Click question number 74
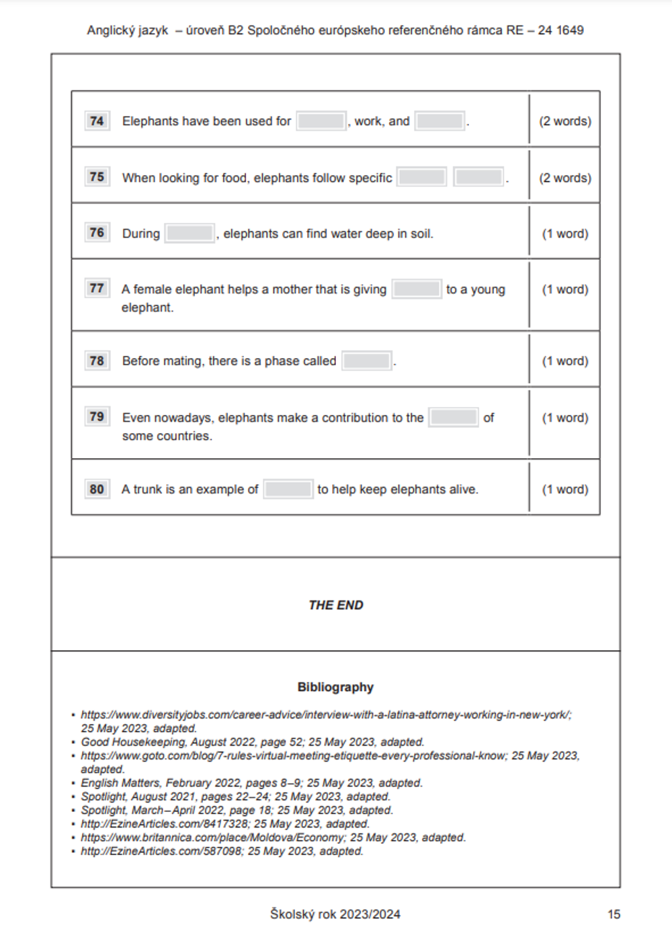pyautogui.click(x=97, y=121)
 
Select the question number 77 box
pyautogui.click(x=97, y=289)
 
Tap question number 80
pyautogui.click(x=97, y=489)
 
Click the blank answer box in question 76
pyautogui.click(x=190, y=234)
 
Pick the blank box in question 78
pyautogui.click(x=367, y=361)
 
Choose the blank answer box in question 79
pyautogui.click(x=454, y=417)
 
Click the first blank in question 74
pyautogui.click(x=321, y=121)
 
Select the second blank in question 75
pyautogui.click(x=478, y=177)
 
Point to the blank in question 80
pyautogui.click(x=288, y=489)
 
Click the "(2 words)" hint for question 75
pyautogui.click(x=565, y=178)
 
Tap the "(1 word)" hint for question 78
pyautogui.click(x=565, y=361)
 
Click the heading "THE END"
pyautogui.click(x=335, y=605)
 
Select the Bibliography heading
pyautogui.click(x=335, y=687)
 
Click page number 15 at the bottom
pyautogui.click(x=614, y=914)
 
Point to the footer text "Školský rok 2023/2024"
pyautogui.click(x=335, y=914)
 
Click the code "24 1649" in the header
pyautogui.click(x=560, y=30)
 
